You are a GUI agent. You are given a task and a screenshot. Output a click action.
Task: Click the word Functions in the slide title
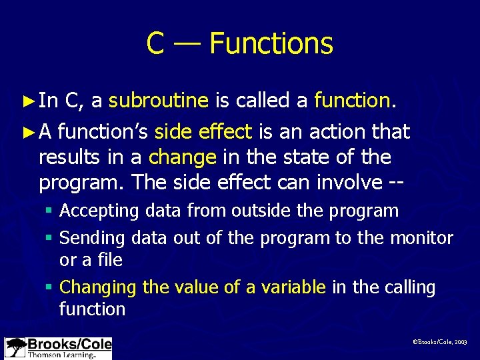coord(271,44)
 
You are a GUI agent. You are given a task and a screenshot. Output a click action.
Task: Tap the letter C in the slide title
coord(155,44)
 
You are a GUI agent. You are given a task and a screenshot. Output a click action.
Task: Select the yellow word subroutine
coord(159,101)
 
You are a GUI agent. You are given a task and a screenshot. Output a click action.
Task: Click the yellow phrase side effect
coord(203,131)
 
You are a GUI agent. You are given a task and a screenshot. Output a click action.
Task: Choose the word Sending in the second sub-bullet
coord(93,238)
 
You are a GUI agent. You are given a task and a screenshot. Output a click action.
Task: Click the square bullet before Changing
coord(51,288)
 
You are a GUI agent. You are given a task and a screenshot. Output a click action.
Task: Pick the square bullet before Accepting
coord(51,212)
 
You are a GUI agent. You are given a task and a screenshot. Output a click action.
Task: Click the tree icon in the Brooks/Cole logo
coord(15,348)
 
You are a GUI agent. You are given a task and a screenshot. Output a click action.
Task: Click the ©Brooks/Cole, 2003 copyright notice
coord(440,341)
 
